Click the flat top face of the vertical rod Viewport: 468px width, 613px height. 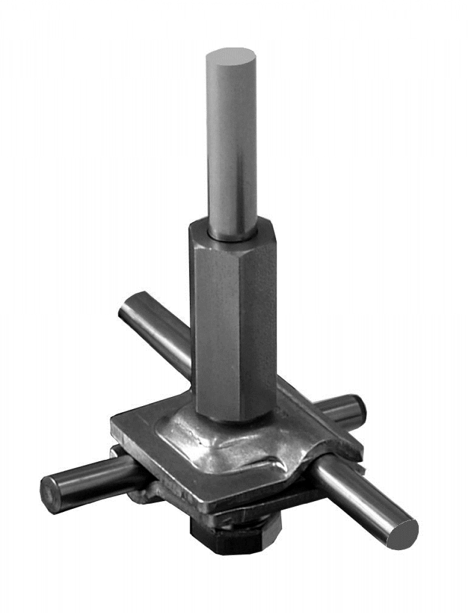[230, 55]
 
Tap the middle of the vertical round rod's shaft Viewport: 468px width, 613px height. [231, 143]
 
